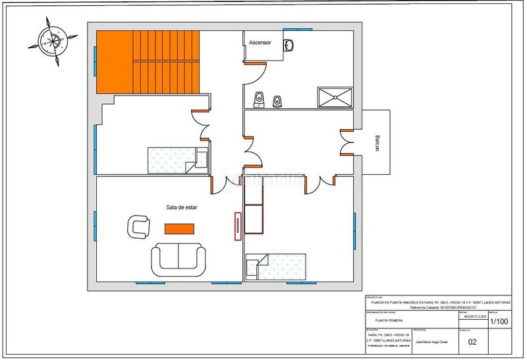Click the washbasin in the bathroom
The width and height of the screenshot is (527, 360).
(289, 45)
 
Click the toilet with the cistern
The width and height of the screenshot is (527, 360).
(260, 100)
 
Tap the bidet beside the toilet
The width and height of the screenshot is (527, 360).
(278, 100)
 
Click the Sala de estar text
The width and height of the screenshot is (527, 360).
(182, 207)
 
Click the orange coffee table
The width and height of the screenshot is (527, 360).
(179, 228)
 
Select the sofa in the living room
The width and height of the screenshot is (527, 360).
(177, 258)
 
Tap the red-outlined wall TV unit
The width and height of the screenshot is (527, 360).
(236, 226)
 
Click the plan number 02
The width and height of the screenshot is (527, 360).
(472, 342)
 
